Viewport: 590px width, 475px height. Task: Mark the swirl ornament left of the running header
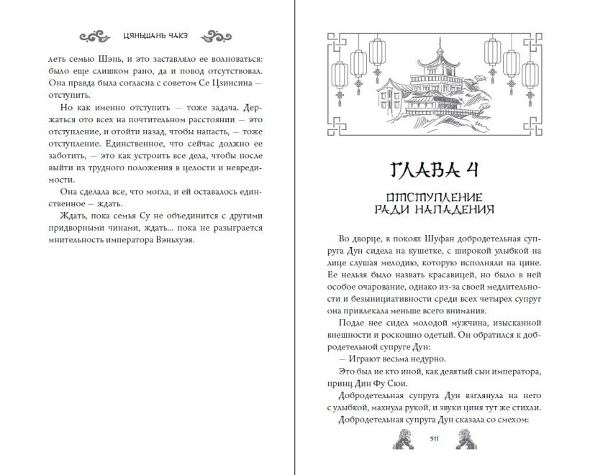click(x=95, y=35)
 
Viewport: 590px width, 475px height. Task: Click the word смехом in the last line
click(x=513, y=422)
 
